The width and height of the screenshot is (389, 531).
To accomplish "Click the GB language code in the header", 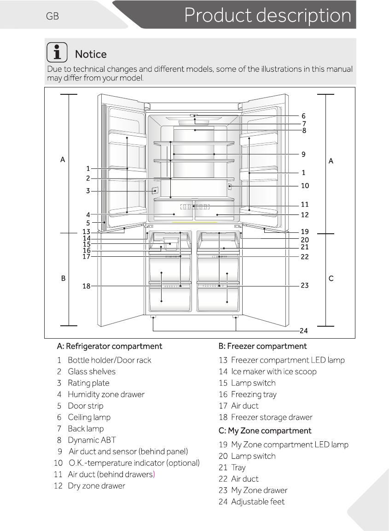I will point(52,17).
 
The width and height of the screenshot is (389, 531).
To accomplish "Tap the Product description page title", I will point(267,15).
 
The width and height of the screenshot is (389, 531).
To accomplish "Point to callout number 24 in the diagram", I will point(303,330).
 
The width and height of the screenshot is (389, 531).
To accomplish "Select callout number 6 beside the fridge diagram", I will point(303,116).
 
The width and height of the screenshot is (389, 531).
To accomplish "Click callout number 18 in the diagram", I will point(86,286).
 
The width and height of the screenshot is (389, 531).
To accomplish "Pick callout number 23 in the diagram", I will point(304,285).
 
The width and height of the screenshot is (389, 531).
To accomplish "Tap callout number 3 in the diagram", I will point(88,191).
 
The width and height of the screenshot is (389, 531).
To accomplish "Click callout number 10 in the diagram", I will point(305,186).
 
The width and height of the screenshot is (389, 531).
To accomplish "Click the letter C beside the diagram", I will point(331,278).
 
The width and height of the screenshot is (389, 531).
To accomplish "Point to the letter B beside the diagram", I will point(63,278).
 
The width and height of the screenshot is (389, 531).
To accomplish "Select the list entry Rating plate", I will point(88,383).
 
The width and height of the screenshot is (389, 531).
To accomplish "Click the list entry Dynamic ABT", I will point(92,440).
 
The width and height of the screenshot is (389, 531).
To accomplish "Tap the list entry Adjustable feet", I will point(258,502).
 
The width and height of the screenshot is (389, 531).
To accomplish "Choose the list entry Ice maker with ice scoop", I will point(273,371).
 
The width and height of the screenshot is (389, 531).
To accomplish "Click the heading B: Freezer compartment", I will point(262,346).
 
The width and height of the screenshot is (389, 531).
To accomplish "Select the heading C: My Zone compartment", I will point(265,431).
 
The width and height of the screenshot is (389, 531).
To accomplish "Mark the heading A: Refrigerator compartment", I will point(110,346).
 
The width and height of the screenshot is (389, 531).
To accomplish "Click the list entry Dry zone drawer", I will point(96,485).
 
